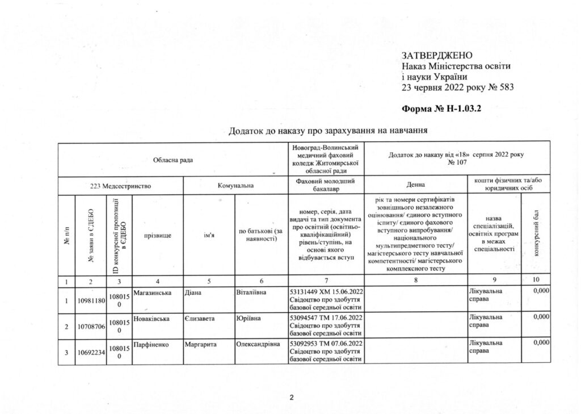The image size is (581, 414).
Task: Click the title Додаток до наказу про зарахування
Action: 327,131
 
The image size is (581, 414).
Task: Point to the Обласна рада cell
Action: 172,160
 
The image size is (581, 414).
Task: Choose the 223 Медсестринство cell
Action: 121,185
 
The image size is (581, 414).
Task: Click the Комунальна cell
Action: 235,185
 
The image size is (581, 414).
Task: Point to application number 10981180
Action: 90,300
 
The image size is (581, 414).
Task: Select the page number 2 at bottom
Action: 291,397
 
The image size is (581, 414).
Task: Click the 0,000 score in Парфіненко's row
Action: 542,344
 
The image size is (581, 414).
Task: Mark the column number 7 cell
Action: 325,281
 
